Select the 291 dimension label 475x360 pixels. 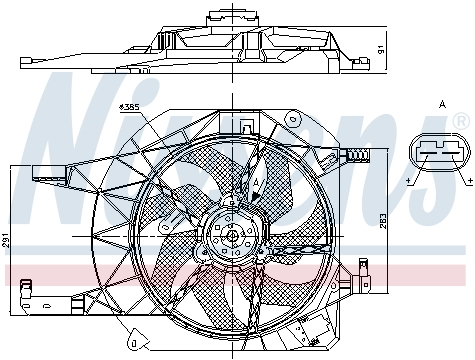pyautogui.click(x=8, y=240)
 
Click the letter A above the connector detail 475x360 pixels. pyautogui.click(x=441, y=104)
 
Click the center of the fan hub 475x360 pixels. pyautogui.click(x=232, y=236)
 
